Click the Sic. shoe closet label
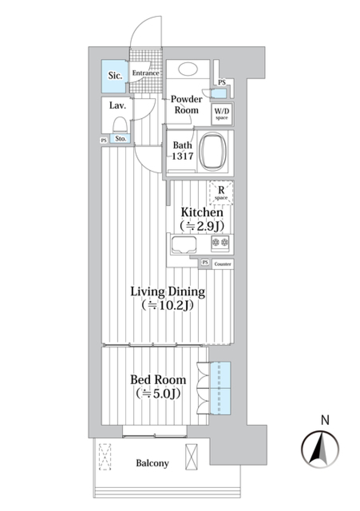pyautogui.click(x=115, y=76)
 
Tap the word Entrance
pyautogui.click(x=145, y=73)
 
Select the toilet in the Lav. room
pyautogui.click(x=120, y=124)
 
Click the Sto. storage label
pyautogui.click(x=120, y=139)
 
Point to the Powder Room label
pyautogui.click(x=186, y=105)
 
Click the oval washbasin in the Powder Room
pyautogui.click(x=188, y=69)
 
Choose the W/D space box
pyautogui.click(x=222, y=113)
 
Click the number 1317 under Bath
pyautogui.click(x=183, y=156)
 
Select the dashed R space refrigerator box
pyautogui.click(x=221, y=193)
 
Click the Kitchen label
pyautogui.click(x=202, y=212)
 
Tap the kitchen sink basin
pyautogui.click(x=184, y=244)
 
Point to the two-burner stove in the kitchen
pyautogui.click(x=220, y=243)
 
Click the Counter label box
pyautogui.click(x=223, y=264)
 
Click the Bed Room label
pyautogui.click(x=158, y=380)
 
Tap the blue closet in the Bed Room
pyautogui.click(x=220, y=388)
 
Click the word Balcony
pyautogui.click(x=152, y=463)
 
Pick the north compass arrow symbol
pyautogui.click(x=320, y=449)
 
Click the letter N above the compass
pyautogui.click(x=325, y=420)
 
